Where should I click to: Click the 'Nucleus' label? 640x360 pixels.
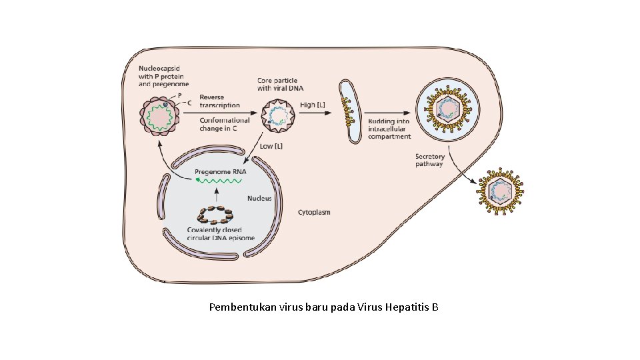coord(259,198)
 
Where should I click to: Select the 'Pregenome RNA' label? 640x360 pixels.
coord(220,171)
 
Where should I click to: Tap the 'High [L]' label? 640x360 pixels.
coord(313,105)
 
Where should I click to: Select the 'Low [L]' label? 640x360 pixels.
coord(271,145)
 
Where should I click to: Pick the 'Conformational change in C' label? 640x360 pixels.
coord(225,124)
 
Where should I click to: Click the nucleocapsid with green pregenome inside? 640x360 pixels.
coord(160,114)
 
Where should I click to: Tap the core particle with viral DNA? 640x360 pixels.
coord(275,113)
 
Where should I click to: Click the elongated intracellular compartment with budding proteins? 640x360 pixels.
coord(348,111)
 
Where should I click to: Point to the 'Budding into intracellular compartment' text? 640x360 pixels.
coord(389,129)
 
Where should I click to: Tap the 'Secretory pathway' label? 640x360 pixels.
coord(429,160)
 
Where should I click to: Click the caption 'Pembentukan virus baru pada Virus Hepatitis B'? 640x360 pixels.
coord(323,307)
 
